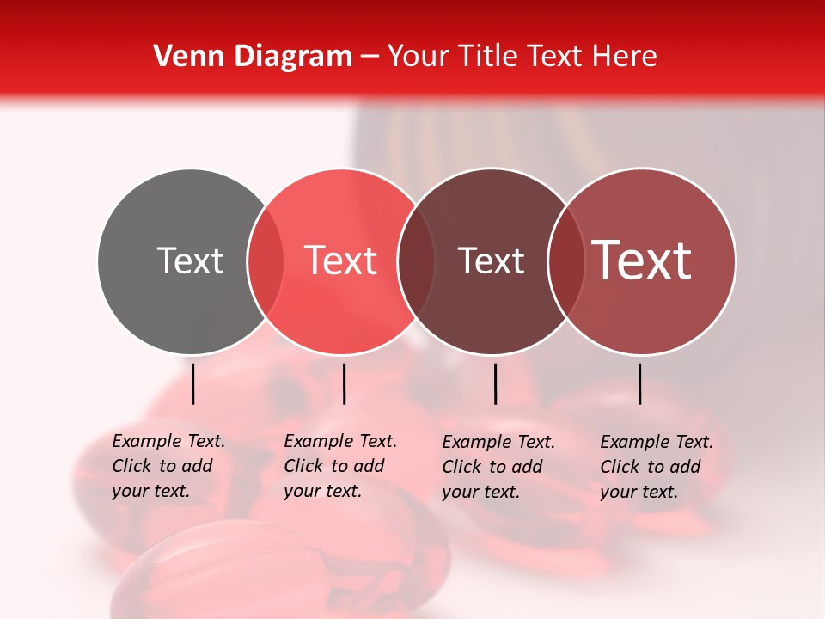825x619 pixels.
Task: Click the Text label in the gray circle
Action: (x=190, y=260)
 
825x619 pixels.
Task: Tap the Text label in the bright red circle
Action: (x=340, y=260)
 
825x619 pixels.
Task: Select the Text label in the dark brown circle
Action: (x=491, y=260)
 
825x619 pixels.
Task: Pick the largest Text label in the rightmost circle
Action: (x=642, y=260)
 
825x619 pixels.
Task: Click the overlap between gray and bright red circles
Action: (x=266, y=260)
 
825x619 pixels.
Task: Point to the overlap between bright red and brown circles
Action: (x=416, y=260)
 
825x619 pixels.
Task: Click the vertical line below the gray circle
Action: (x=193, y=383)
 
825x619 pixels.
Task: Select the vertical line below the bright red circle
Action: (x=344, y=383)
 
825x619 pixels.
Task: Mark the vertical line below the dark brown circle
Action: (x=495, y=383)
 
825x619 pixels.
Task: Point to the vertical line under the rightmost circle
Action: (x=639, y=383)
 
